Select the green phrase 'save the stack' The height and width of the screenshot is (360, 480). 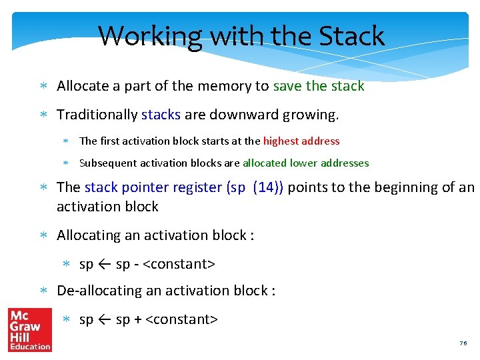click(319, 86)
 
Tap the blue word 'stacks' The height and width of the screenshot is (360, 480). click(161, 115)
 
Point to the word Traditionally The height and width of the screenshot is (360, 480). click(97, 115)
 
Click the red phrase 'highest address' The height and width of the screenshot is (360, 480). click(301, 141)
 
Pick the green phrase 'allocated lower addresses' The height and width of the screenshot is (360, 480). click(305, 163)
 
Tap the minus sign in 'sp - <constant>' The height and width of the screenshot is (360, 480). click(137, 265)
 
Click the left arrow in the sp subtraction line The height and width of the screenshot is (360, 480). click(105, 265)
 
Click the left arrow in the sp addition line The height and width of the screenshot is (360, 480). click(105, 320)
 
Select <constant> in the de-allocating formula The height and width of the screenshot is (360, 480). click(181, 320)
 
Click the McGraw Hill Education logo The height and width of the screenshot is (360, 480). click(29, 329)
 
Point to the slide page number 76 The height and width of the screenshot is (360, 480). click(463, 343)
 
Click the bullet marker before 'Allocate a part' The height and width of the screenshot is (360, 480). click(43, 87)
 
